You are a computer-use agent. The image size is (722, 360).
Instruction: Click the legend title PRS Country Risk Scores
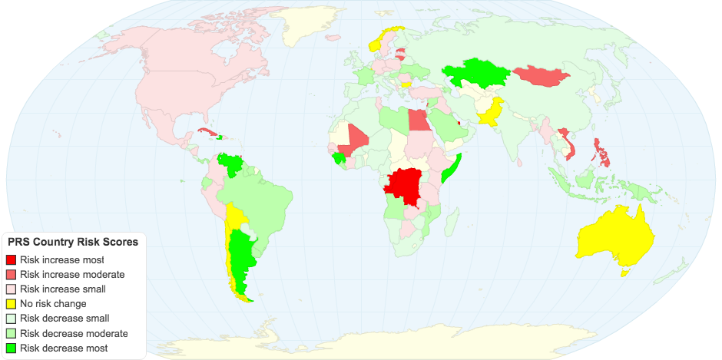pos(73,242)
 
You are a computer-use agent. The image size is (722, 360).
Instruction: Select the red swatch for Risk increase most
pos(10,260)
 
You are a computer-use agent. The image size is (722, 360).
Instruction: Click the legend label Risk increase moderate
pos(72,275)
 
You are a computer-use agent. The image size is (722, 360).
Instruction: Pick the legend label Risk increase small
pos(63,289)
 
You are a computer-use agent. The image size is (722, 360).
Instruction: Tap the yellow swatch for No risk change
pos(10,304)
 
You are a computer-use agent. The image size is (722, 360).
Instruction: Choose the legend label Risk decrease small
pos(65,319)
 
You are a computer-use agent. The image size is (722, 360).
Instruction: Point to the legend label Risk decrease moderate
pos(74,333)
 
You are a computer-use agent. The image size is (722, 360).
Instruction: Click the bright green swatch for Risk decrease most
pos(10,348)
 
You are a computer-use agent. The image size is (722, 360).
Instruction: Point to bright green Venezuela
pos(231,164)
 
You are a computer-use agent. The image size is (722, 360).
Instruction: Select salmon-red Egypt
pos(418,120)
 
